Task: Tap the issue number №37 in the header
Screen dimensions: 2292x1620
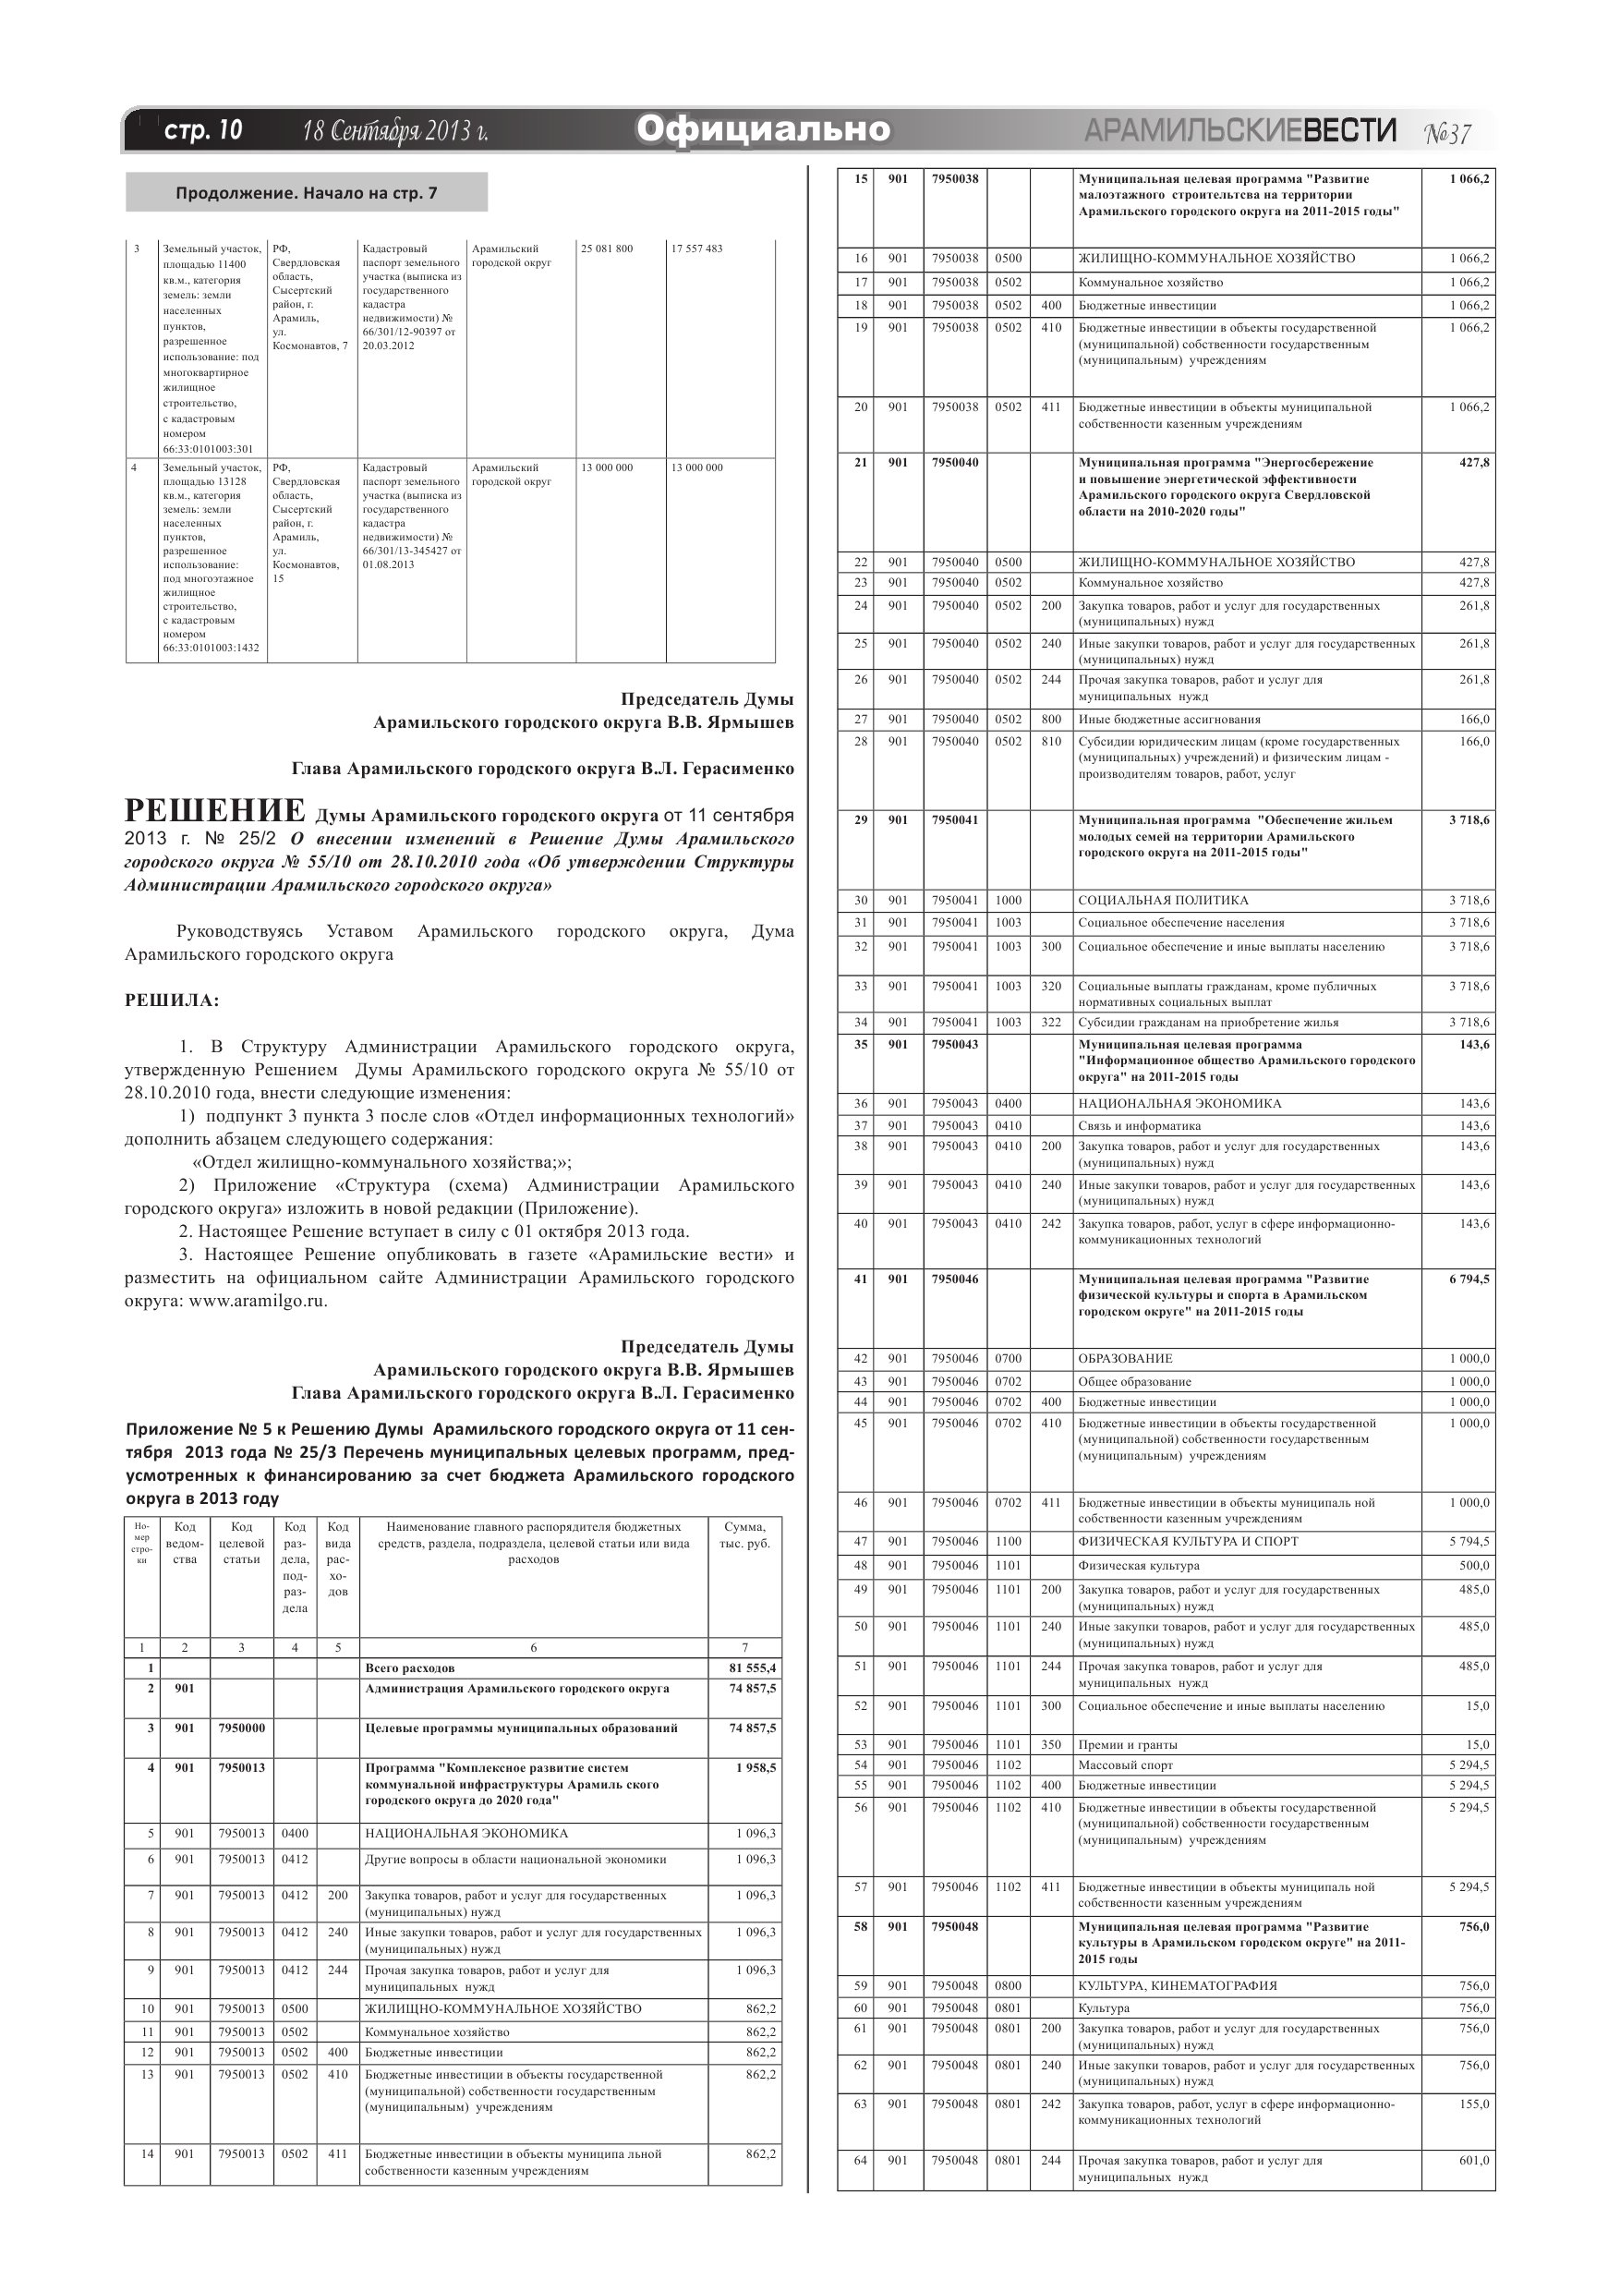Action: [1446, 133]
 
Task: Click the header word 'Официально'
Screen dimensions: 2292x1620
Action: [763, 129]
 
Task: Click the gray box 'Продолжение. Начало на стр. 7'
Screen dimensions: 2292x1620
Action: [307, 193]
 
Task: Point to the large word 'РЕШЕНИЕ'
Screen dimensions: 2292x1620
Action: [214, 809]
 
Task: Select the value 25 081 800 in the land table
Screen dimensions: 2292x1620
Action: [607, 249]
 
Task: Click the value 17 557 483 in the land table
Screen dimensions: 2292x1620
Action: [696, 249]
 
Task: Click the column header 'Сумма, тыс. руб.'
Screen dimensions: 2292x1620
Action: [744, 1535]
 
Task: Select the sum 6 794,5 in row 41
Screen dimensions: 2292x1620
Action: [1469, 1279]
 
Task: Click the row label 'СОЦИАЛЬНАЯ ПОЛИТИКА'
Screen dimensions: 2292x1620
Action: [1163, 901]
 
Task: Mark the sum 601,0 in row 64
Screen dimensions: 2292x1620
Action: [1473, 2160]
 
